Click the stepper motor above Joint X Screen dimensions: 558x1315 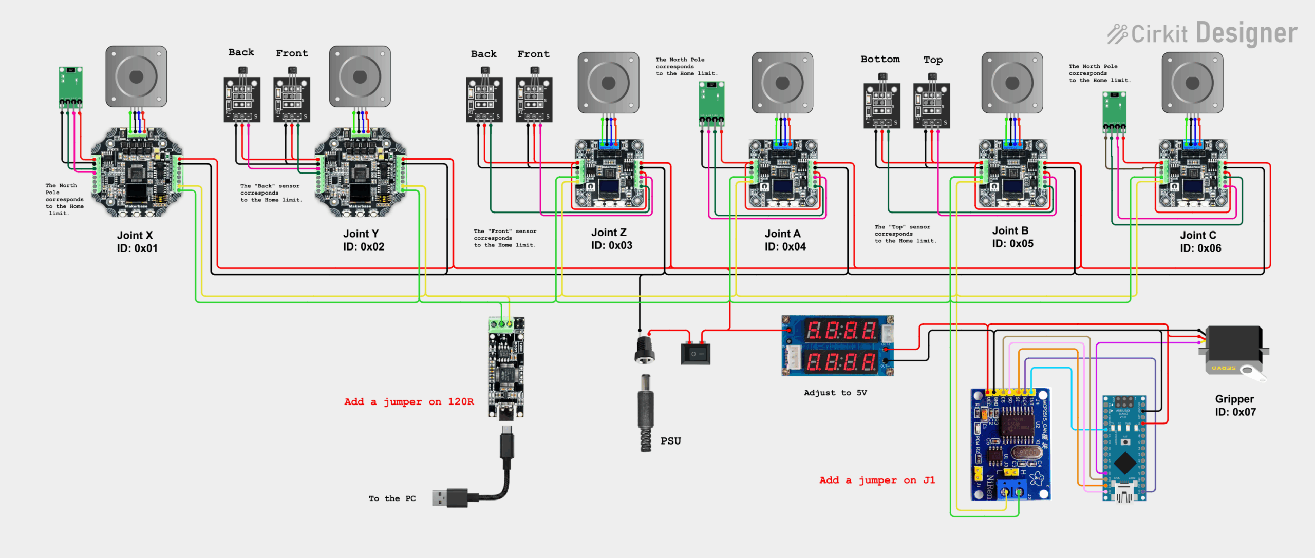pyautogui.click(x=136, y=77)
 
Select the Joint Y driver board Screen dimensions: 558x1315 pyautogui.click(x=360, y=172)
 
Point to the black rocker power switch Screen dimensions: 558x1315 pyautogui.click(x=695, y=353)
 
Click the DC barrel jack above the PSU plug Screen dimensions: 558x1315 pyautogui.click(x=644, y=349)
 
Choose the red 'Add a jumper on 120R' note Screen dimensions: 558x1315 pyautogui.click(x=409, y=402)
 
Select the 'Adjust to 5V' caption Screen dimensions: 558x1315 pyautogui.click(x=835, y=393)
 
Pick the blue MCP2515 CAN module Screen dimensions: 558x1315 pyautogui.click(x=1010, y=444)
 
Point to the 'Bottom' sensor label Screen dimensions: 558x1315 pyautogui.click(x=880, y=60)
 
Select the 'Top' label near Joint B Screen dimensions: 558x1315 pyautogui.click(x=933, y=60)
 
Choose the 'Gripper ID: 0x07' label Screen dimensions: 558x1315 pyautogui.click(x=1235, y=406)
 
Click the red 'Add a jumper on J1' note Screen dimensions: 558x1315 pyautogui.click(x=877, y=480)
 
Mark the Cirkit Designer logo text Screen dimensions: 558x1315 pyautogui.click(x=1203, y=34)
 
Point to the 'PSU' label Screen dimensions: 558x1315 pyautogui.click(x=670, y=441)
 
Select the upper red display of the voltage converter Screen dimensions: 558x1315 pyautogui.click(x=841, y=330)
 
